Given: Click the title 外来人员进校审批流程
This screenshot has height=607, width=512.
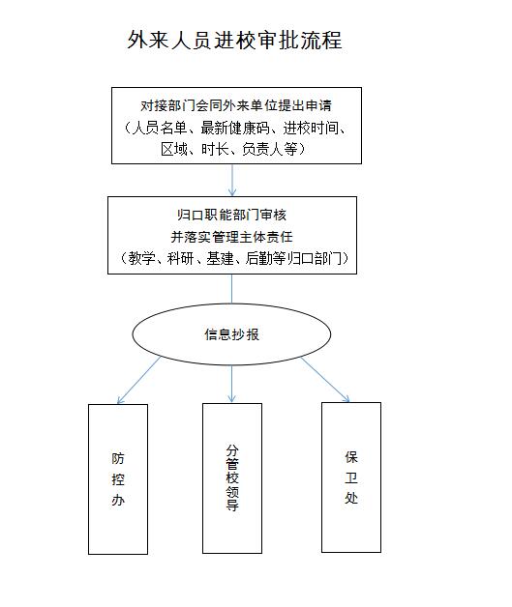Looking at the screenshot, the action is pyautogui.click(x=234, y=40).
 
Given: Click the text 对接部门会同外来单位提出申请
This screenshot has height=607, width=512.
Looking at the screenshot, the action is pyautogui.click(x=236, y=105).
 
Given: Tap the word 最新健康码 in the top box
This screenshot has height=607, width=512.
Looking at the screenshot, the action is pyautogui.click(x=235, y=128).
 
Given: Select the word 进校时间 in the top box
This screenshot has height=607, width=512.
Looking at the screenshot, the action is pyautogui.click(x=311, y=128).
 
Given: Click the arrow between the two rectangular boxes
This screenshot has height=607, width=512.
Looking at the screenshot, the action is pyautogui.click(x=232, y=180).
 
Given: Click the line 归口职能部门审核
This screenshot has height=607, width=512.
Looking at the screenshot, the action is pyautogui.click(x=231, y=215).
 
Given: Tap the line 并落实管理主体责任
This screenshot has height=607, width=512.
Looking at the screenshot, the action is pyautogui.click(x=231, y=237).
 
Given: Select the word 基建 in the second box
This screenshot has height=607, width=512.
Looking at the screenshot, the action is pyautogui.click(x=220, y=258).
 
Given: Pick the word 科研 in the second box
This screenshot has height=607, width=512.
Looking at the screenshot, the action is pyautogui.click(x=180, y=258).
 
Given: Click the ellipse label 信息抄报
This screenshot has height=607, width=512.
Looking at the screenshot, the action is pyautogui.click(x=231, y=334).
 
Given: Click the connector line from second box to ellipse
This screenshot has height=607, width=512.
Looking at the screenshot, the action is pyautogui.click(x=231, y=289).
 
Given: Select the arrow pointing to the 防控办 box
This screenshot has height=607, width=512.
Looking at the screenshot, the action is pyautogui.click(x=138, y=380).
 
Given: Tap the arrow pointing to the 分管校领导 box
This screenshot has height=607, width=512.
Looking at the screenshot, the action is pyautogui.click(x=231, y=384).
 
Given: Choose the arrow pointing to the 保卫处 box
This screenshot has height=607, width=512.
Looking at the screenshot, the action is pyautogui.click(x=325, y=380).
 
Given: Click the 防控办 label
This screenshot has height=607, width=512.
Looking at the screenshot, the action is pyautogui.click(x=118, y=479).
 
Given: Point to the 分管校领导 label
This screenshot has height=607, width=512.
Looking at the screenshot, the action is pyautogui.click(x=232, y=477).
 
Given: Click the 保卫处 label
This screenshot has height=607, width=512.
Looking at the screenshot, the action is pyautogui.click(x=351, y=477).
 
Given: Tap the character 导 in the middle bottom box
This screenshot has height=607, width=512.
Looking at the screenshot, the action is pyautogui.click(x=232, y=505).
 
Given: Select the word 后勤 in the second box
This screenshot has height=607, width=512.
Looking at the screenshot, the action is pyautogui.click(x=259, y=258).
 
